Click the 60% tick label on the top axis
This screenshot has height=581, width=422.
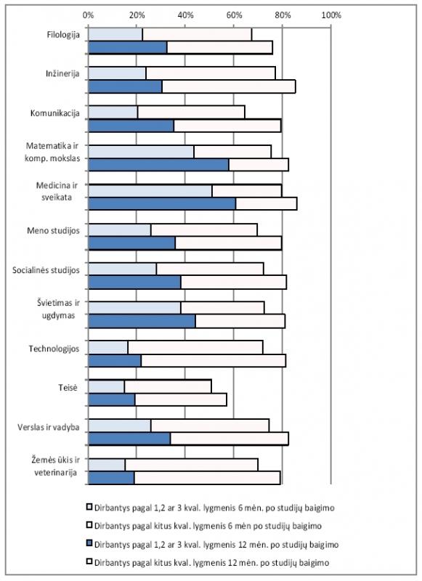coord(234,15)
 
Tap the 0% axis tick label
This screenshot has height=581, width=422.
coord(88,15)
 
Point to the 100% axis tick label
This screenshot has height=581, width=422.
coord(331,15)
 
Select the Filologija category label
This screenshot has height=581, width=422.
coord(63,35)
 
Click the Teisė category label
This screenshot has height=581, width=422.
coord(68,388)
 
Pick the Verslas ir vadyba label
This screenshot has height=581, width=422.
coord(49,427)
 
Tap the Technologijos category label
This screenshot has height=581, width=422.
coord(54,349)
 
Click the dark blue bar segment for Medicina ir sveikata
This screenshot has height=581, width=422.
coord(162,204)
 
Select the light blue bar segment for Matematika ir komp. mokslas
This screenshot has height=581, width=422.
coord(141,152)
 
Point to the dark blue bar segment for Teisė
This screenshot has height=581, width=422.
coord(112,400)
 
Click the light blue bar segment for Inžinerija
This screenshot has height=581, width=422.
coord(117,73)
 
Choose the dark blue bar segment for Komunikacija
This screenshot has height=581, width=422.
coord(131,126)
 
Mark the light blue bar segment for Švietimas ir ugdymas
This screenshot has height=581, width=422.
coord(134,307)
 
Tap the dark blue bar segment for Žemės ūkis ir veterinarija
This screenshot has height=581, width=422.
coord(112,478)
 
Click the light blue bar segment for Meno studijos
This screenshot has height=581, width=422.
coord(120,229)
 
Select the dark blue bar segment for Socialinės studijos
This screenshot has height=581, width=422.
coord(135,283)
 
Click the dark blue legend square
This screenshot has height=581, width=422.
coord(89,543)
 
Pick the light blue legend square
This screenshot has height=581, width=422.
coord(89,506)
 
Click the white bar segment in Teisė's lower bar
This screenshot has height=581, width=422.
coord(181,400)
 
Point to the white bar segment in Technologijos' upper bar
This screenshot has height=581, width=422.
coord(195,347)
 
